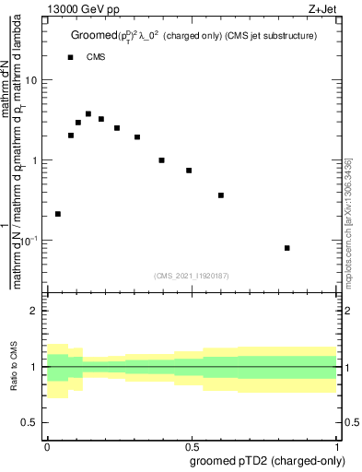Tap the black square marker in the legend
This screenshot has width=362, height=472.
click(x=71, y=57)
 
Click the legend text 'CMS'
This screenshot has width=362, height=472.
click(x=96, y=57)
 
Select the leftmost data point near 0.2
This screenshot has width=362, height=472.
click(x=58, y=214)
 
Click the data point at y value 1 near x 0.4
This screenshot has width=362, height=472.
click(x=161, y=160)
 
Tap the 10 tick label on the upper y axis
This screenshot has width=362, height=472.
click(x=31, y=80)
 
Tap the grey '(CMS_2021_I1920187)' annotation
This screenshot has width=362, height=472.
click(x=191, y=274)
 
